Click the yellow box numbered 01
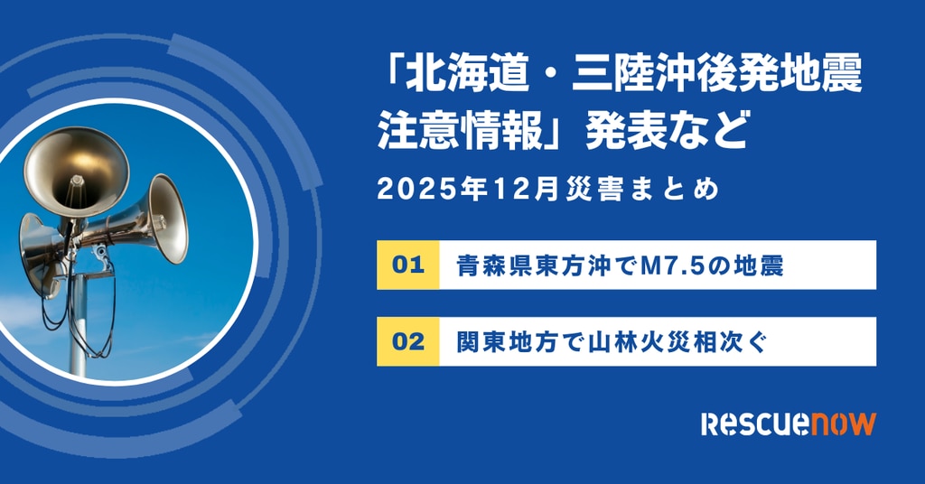408,265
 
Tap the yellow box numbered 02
408,341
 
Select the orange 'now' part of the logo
836,424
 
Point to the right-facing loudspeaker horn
165,219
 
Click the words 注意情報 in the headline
460,130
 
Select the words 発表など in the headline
667,130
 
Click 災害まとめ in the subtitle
642,190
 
